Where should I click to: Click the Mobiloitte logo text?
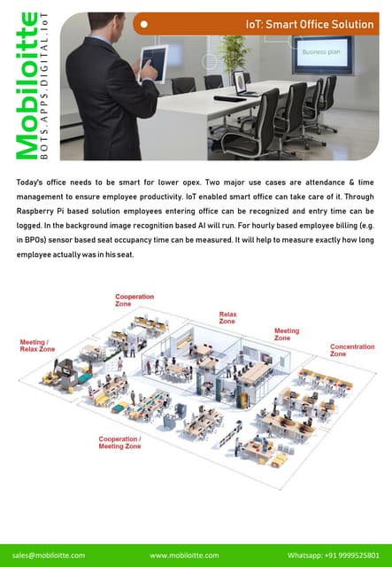[x=27, y=86]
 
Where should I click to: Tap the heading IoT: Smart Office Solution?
[x=310, y=24]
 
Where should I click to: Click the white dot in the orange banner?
[x=144, y=24]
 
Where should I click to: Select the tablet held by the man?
[x=154, y=64]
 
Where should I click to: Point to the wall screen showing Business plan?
[x=323, y=55]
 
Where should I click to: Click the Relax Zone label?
[x=227, y=318]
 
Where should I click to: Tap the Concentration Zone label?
[x=352, y=350]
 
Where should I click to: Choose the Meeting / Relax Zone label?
[x=37, y=346]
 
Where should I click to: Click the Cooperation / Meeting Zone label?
[x=120, y=443]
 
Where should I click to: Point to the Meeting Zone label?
[x=287, y=334]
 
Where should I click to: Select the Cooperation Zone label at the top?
[x=135, y=300]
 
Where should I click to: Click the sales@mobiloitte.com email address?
[x=49, y=555]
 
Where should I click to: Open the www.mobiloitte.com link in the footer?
[x=184, y=555]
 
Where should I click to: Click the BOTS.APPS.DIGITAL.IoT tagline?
[x=44, y=86]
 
